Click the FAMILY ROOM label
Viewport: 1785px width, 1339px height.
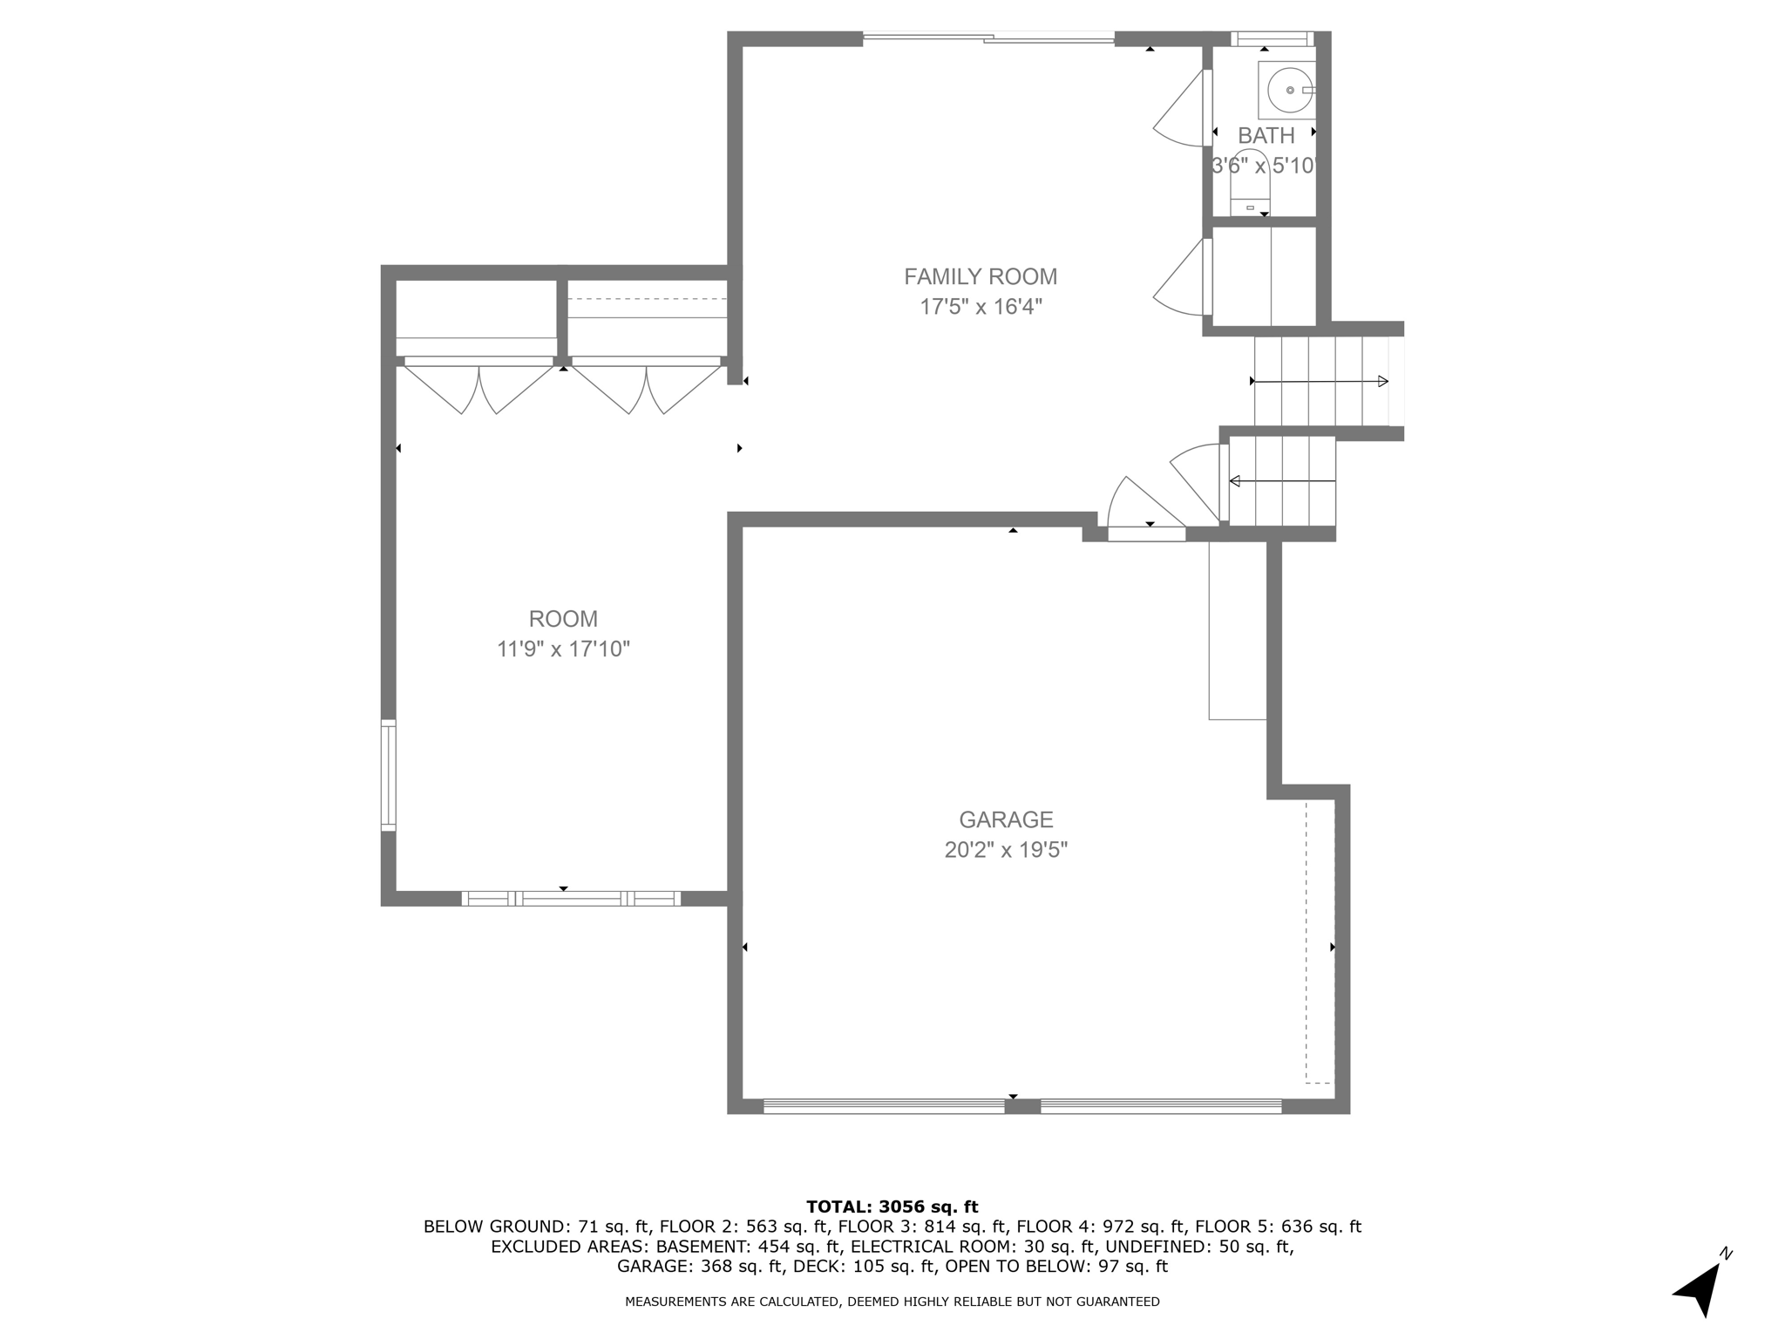point(980,276)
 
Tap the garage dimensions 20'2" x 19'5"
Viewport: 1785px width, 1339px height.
point(1006,849)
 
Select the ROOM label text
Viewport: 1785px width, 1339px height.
point(563,619)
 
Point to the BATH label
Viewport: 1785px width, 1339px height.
point(1266,136)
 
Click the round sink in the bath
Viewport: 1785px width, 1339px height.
point(1289,89)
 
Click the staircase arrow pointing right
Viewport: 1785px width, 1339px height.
point(1320,381)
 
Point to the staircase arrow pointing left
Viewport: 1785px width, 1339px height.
point(1281,480)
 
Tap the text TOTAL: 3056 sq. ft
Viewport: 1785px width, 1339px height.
point(892,1206)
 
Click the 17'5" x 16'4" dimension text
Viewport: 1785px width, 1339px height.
point(981,307)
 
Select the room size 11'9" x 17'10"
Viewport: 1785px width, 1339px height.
point(563,649)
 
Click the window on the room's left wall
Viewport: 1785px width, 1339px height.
point(389,775)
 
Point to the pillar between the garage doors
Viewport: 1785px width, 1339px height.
point(1022,1106)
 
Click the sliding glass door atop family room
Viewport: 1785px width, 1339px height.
point(988,37)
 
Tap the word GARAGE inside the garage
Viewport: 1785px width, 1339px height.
point(1006,819)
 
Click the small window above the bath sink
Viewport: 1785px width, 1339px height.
point(1271,38)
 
